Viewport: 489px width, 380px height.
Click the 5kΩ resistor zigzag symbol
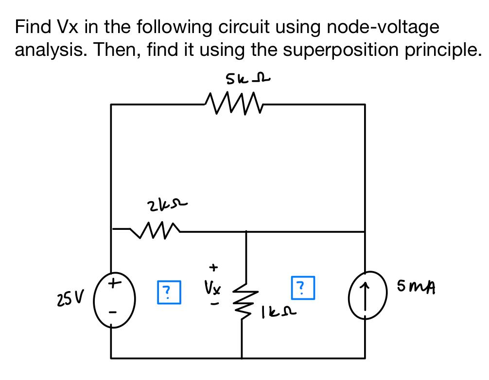(234, 103)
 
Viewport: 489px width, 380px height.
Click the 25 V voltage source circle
(114, 299)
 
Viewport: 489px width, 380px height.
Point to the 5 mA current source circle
(367, 295)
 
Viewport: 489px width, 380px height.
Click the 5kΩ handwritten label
(247, 79)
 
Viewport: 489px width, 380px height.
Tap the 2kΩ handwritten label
(168, 206)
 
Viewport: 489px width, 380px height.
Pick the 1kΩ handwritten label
(279, 311)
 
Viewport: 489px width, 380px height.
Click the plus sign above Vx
(213, 267)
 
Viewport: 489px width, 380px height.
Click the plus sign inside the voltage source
(114, 283)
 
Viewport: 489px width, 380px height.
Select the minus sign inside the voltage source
(114, 311)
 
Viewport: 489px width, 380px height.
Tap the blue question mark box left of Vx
(169, 292)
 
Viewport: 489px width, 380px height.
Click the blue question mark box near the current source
(303, 288)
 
